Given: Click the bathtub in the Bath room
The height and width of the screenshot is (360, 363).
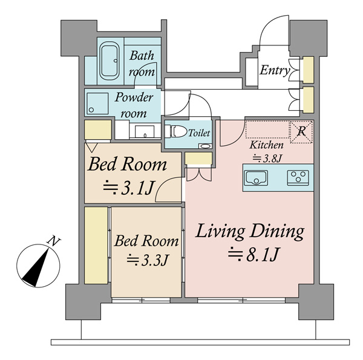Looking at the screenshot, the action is (x=108, y=61).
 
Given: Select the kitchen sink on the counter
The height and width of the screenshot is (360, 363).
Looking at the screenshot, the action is (x=257, y=177).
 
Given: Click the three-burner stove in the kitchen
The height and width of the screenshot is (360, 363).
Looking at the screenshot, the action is (x=298, y=177).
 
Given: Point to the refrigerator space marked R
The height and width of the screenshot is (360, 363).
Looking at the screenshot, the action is (x=301, y=132).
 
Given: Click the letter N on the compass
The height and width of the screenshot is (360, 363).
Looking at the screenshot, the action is (x=54, y=241).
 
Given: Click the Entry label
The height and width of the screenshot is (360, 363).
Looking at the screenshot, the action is (x=275, y=70).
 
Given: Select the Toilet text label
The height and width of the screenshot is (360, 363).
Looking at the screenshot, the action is (x=199, y=133).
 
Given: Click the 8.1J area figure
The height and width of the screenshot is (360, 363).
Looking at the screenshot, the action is (x=254, y=255).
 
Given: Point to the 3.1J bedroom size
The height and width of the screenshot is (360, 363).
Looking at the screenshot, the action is (x=129, y=188).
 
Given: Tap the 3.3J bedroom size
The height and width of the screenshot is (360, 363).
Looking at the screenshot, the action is (x=147, y=260).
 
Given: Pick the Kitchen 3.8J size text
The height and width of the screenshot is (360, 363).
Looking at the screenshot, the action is (x=266, y=152).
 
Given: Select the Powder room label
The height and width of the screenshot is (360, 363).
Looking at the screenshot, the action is (x=134, y=105).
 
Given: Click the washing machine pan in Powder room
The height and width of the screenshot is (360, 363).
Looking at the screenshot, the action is (x=97, y=103).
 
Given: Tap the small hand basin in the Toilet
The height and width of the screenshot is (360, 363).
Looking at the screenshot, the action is (x=205, y=146).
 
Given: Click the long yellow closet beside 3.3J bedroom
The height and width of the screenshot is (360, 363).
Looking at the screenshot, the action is (x=96, y=245).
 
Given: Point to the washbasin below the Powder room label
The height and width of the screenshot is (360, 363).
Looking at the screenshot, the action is (x=145, y=132).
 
